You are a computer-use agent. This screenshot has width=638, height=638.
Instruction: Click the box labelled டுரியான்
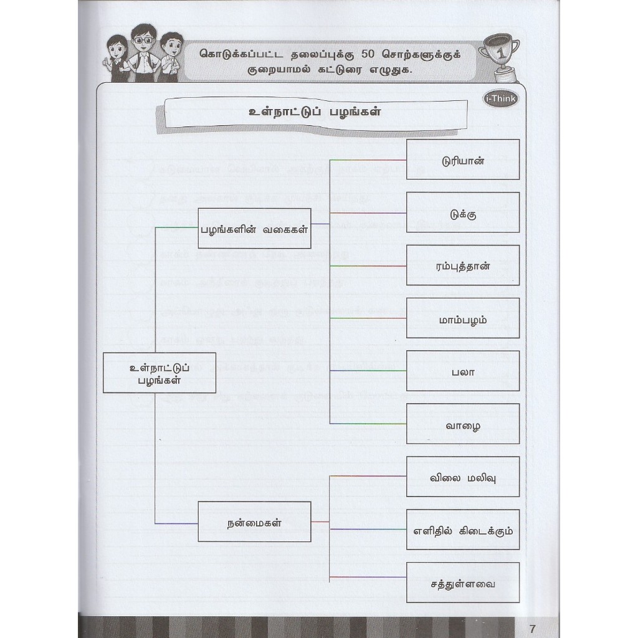[462, 159]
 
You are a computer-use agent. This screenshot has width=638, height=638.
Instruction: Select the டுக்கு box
[462, 212]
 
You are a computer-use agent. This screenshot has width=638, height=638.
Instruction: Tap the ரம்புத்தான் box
[462, 265]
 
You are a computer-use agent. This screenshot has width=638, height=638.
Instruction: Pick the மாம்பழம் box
[462, 318]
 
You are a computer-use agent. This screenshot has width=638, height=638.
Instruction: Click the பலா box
[462, 371]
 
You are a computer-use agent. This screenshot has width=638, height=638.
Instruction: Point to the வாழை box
[462, 424]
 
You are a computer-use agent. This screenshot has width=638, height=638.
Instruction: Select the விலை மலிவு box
[462, 477]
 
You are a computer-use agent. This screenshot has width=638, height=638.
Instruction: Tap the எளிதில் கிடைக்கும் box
[462, 530]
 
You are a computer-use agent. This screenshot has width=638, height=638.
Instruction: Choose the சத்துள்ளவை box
[462, 583]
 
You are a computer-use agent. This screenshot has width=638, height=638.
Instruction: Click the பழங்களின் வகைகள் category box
[254, 228]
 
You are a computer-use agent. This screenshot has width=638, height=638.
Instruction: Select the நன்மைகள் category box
[254, 521]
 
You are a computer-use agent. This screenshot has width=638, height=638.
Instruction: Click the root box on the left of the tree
[159, 373]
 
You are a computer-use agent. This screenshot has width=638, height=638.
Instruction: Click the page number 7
[531, 627]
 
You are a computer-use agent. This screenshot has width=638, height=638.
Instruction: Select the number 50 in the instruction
[373, 54]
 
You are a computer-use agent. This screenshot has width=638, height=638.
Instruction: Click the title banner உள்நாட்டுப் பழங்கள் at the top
[314, 113]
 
